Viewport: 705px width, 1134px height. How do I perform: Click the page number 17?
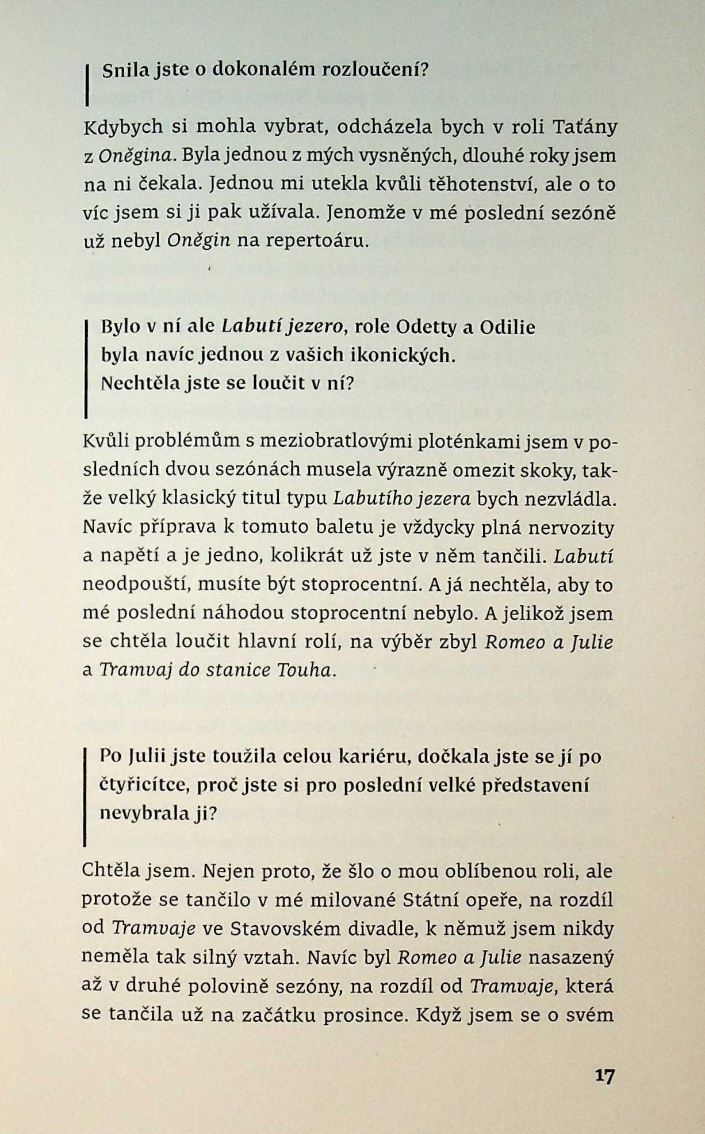[x=604, y=1076]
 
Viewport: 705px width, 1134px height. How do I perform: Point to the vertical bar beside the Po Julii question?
[x=85, y=797]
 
